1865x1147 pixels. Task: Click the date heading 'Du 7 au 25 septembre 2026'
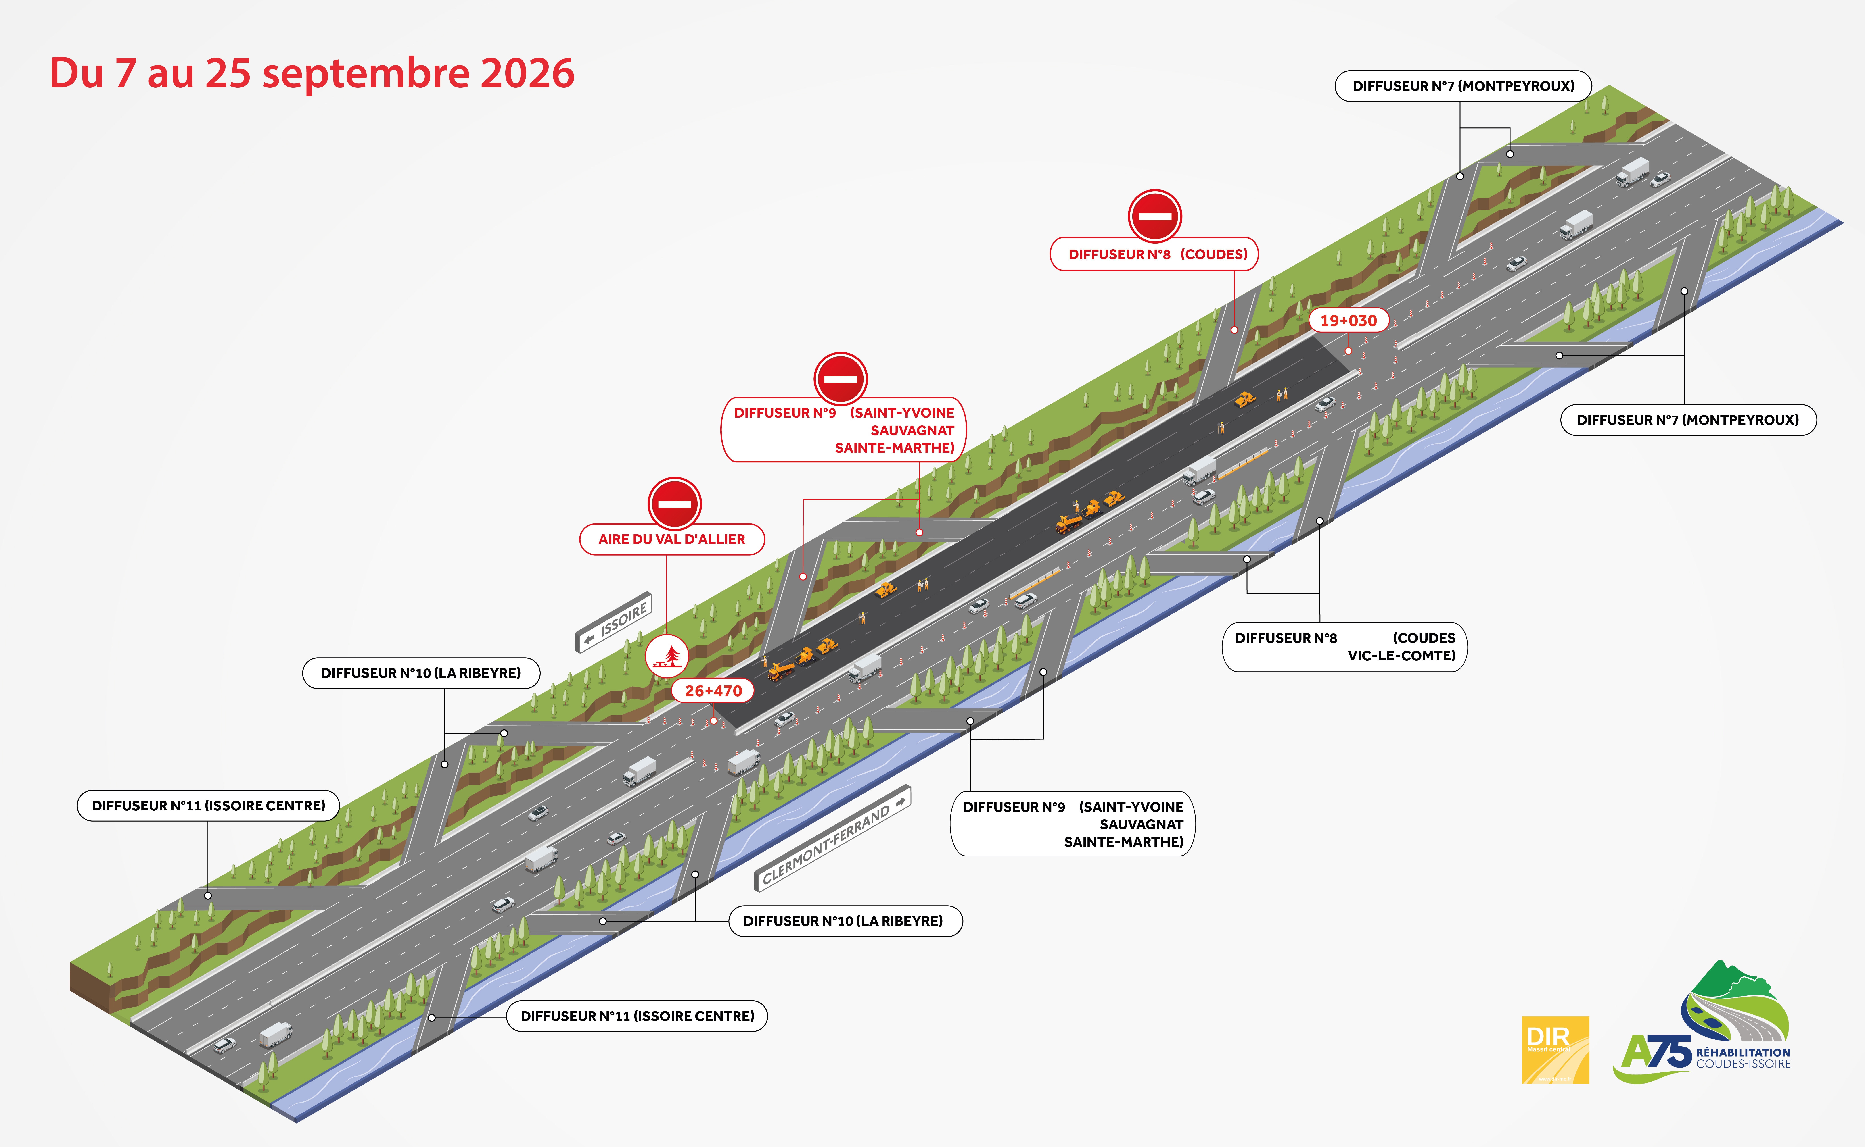click(x=312, y=74)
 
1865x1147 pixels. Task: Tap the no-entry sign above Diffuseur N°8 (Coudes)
click(x=1155, y=216)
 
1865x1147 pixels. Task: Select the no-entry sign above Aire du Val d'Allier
click(x=675, y=504)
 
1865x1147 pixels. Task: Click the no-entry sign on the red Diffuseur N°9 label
click(x=841, y=379)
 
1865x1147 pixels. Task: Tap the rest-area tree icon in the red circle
click(x=667, y=656)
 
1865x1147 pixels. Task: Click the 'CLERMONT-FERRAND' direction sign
click(x=832, y=837)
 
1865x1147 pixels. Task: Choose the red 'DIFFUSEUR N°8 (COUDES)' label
click(x=1154, y=254)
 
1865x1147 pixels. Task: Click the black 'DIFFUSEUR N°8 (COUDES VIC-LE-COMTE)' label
click(x=1344, y=647)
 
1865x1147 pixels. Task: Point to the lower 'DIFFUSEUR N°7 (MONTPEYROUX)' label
click(x=1688, y=420)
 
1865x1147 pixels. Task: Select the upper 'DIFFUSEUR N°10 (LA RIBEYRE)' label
click(x=421, y=673)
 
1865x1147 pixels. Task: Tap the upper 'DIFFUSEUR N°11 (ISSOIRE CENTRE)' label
click(x=208, y=806)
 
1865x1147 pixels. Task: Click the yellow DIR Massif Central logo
click(x=1556, y=1050)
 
